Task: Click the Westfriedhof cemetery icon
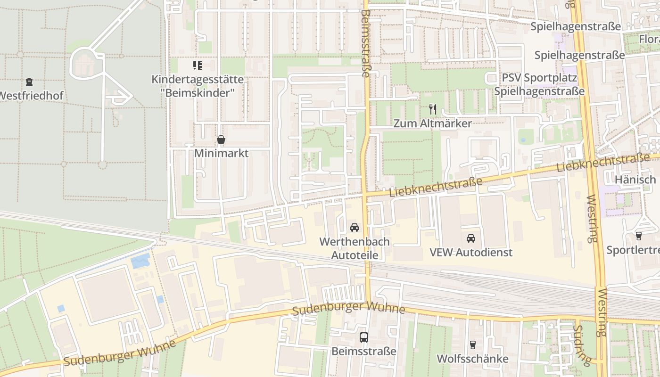29,82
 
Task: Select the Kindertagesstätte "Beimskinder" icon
197,66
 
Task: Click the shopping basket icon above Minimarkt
221,139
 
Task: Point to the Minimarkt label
221,153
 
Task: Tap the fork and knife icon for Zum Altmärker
433,109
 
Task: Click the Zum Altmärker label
433,123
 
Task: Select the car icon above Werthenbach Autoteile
355,228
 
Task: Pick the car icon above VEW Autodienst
471,238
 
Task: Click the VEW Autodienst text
471,252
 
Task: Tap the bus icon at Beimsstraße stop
363,337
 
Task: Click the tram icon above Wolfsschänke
473,345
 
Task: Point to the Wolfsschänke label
473,359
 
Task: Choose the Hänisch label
635,180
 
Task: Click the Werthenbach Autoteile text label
355,248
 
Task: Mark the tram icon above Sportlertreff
639,236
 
